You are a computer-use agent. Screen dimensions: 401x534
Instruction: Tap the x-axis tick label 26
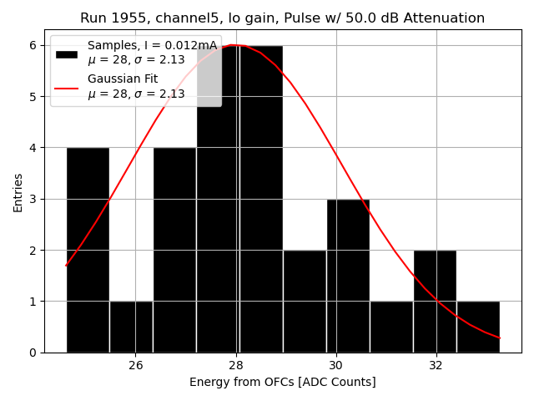pos(136,365)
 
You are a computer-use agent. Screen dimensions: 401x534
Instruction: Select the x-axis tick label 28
pos(236,365)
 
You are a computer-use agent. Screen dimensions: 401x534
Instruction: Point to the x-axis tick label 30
pos(336,365)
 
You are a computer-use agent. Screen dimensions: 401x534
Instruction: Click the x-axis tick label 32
pos(436,365)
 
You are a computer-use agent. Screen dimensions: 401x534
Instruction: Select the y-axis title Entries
pos(18,191)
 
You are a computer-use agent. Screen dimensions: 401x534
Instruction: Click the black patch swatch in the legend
pos(66,53)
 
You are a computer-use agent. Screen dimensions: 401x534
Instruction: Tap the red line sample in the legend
pos(66,87)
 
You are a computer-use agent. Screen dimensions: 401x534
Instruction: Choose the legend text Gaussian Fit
pos(123,79)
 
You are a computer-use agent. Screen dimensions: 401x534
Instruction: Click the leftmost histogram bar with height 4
pos(88,251)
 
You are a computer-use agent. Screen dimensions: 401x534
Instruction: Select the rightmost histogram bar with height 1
pos(478,327)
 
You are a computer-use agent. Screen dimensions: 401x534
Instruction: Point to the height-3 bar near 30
pos(348,276)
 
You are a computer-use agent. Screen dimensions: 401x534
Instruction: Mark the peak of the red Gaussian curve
pos(235,45)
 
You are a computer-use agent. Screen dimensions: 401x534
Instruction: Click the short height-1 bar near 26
pos(131,327)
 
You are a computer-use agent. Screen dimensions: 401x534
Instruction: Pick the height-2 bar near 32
pos(435,301)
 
